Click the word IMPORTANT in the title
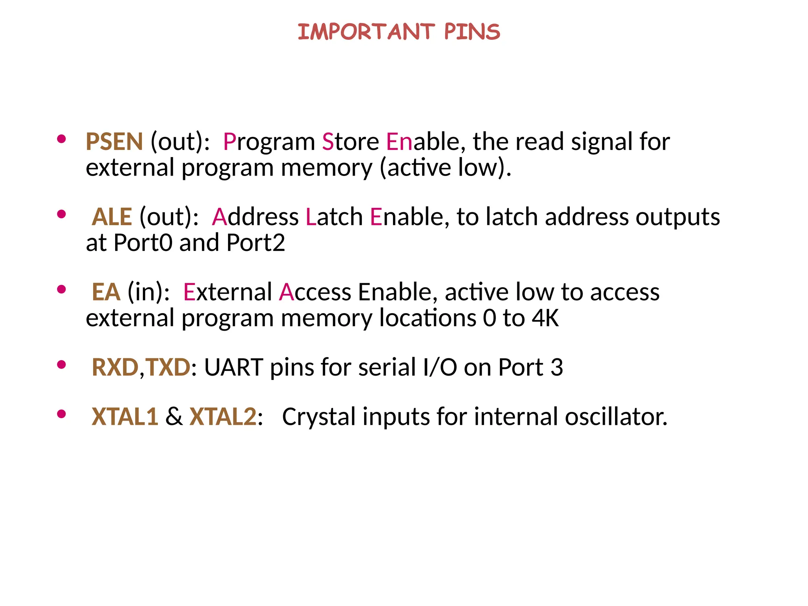[366, 32]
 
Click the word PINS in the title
[472, 32]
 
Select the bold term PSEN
[114, 142]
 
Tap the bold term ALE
[112, 217]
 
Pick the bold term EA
[106, 292]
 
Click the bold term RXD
[115, 367]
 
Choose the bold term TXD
[168, 367]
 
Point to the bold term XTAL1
[125, 417]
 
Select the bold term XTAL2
[223, 417]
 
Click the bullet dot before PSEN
[61, 139]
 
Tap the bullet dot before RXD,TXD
[61, 365]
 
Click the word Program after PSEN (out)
[269, 142]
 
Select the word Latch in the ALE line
[334, 217]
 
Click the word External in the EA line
[228, 292]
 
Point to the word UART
[234, 367]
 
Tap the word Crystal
[319, 417]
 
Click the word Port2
[256, 243]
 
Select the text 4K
[545, 318]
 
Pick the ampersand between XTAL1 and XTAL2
[174, 417]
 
